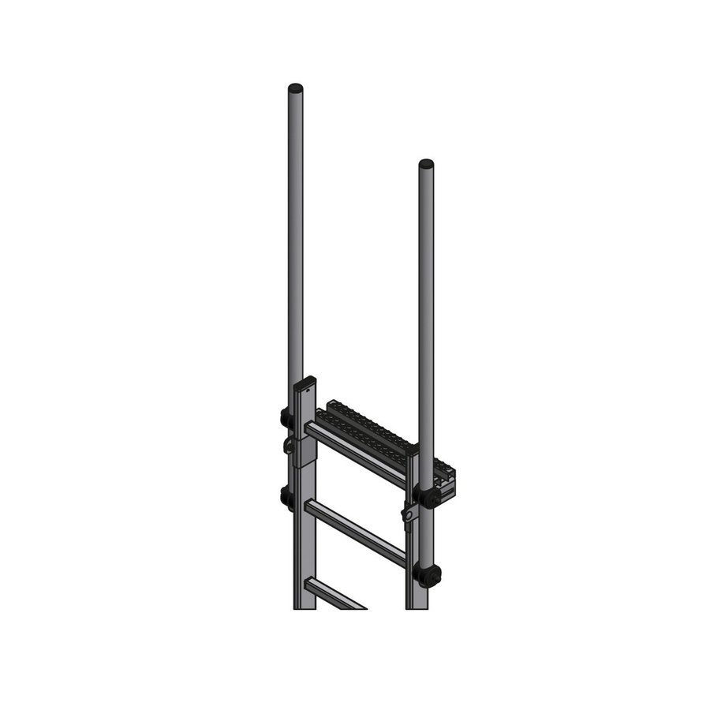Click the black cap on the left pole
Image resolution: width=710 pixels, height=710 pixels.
tap(295, 87)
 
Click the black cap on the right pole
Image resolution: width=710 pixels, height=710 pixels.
tap(426, 164)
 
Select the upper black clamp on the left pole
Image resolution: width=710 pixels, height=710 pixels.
tap(286, 417)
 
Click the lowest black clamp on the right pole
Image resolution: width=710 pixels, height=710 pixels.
tap(428, 576)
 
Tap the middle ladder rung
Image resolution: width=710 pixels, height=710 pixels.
tap(355, 532)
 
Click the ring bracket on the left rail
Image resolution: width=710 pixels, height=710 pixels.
tap(290, 447)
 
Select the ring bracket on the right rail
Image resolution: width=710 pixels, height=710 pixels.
tap(408, 514)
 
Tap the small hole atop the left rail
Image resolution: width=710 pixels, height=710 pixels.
tap(308, 389)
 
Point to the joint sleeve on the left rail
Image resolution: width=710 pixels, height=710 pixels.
tap(305, 450)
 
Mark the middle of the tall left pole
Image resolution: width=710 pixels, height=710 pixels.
tap(295, 237)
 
